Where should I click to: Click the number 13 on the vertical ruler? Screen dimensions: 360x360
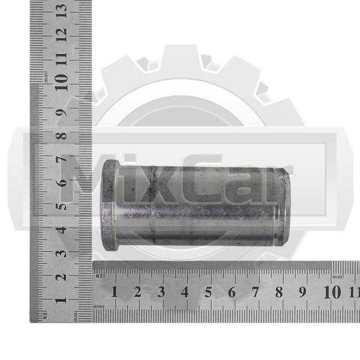tap(62, 11)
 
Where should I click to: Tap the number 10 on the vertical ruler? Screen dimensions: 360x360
tap(62, 82)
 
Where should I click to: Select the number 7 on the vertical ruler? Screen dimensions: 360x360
tap(62, 159)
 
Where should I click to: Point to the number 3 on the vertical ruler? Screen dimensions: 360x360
tap(62, 253)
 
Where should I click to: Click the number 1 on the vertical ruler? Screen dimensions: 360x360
tap(62, 300)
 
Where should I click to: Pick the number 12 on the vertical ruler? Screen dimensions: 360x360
tap(62, 35)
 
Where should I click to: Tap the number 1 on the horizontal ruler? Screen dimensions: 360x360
tap(115, 292)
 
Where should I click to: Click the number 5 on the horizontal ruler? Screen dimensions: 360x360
tap(208, 292)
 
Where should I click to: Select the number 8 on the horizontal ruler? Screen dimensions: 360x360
tap(279, 292)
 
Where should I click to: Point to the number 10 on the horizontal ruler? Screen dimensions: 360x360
tap(332, 292)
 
